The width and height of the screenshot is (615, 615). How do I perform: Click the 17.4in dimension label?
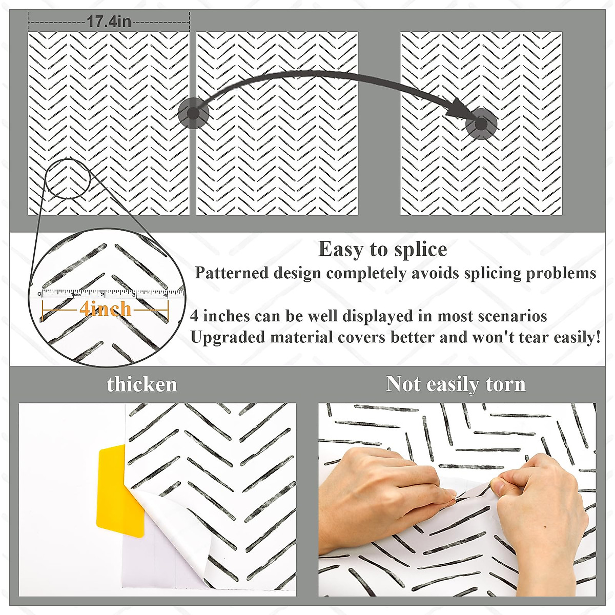point(109,22)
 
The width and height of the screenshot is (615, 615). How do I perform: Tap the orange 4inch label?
point(105,309)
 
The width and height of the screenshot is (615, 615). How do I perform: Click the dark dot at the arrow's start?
point(193,113)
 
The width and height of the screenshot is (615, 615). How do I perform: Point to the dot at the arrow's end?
point(481,124)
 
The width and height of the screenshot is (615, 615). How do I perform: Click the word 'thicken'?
point(142,384)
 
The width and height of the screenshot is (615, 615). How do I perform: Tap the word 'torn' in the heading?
point(505,384)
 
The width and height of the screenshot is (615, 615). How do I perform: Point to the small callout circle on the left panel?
point(68,178)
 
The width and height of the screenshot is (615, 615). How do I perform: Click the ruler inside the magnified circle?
point(110,294)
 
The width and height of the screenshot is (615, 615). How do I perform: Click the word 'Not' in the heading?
point(403,384)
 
